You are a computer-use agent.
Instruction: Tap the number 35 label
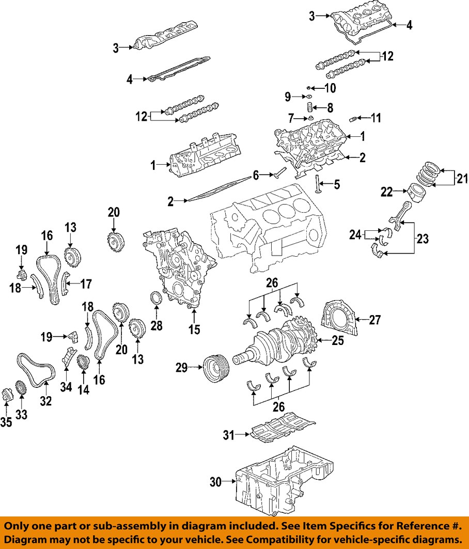coord(6,422)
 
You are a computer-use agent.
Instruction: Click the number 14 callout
coord(83,390)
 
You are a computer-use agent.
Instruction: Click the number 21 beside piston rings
coord(461,180)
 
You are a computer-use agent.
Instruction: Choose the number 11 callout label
coord(376,118)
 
